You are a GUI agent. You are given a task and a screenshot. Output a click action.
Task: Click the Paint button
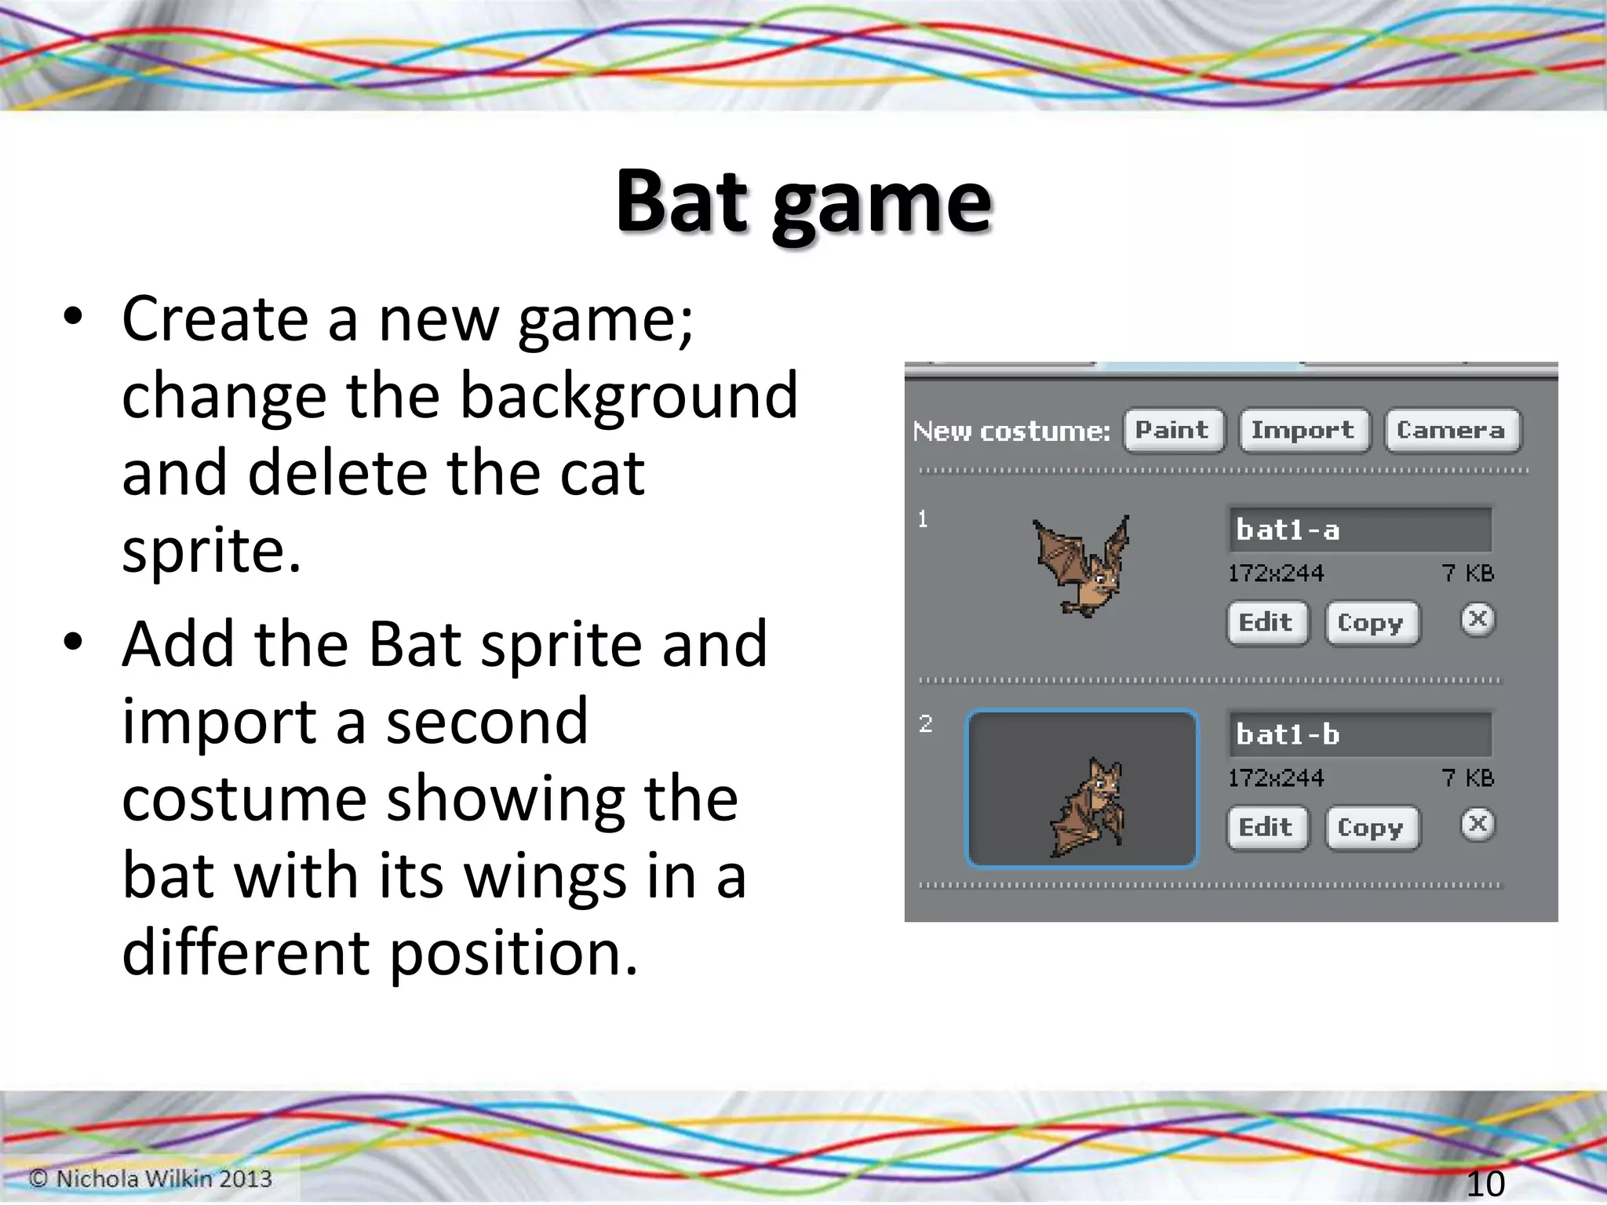pyautogui.click(x=1173, y=430)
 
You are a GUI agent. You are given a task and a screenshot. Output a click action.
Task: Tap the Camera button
pyautogui.click(x=1452, y=430)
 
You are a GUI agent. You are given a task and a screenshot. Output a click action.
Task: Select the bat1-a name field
pyautogui.click(x=1359, y=530)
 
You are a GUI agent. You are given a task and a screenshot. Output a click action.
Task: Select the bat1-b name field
pyautogui.click(x=1359, y=734)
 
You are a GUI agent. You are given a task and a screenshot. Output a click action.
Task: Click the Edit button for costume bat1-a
pyautogui.click(x=1266, y=623)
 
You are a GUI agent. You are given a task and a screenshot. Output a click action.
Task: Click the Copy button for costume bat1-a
pyautogui.click(x=1372, y=623)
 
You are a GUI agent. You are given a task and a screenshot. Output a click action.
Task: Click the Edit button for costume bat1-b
pyautogui.click(x=1266, y=828)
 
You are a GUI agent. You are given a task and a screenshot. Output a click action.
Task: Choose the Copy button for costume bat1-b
pyautogui.click(x=1372, y=828)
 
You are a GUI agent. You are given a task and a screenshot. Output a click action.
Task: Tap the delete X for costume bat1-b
pyautogui.click(x=1478, y=825)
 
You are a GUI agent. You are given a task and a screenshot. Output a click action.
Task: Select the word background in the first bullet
pyautogui.click(x=628, y=397)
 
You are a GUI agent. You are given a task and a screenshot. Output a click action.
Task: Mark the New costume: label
pyautogui.click(x=1011, y=431)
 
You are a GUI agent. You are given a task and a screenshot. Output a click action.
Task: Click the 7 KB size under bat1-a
pyautogui.click(x=1467, y=573)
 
